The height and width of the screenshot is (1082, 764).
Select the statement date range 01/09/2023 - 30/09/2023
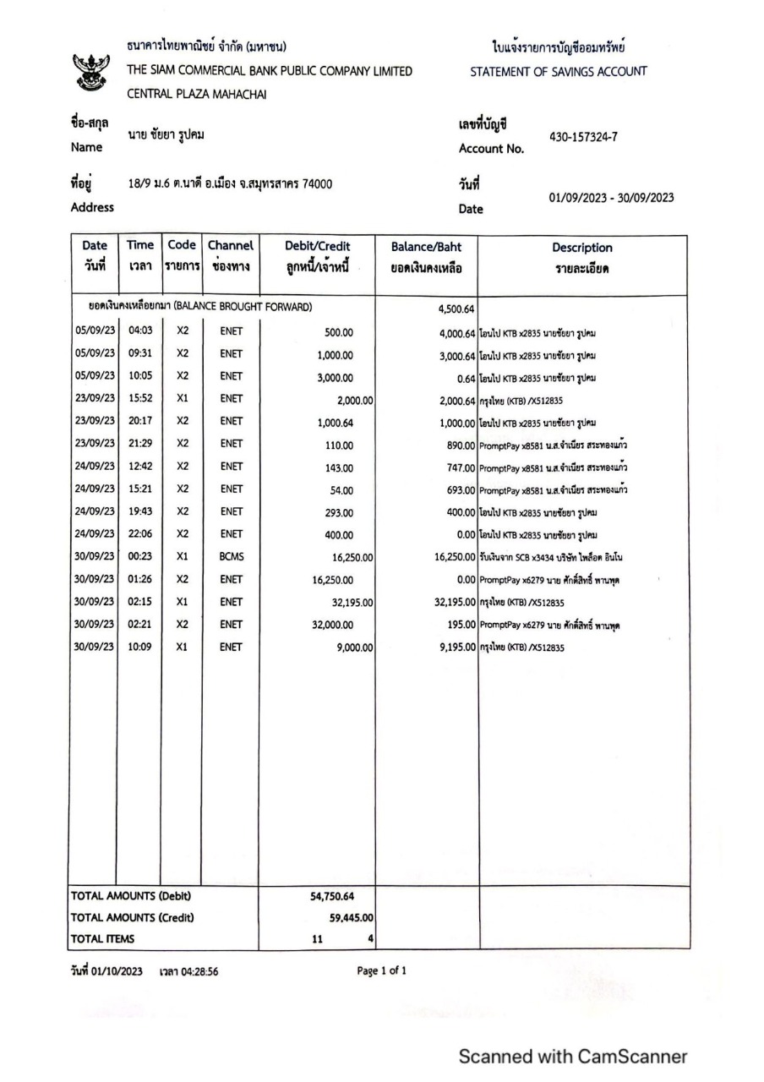tap(611, 197)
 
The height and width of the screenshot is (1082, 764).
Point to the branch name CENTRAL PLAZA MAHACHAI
tap(196, 95)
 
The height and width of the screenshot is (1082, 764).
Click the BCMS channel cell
tap(232, 557)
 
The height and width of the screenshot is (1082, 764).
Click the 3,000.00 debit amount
tap(336, 378)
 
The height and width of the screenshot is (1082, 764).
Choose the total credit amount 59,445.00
tap(352, 917)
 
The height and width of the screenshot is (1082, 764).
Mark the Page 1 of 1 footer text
tap(382, 970)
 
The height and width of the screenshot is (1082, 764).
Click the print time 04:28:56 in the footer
tap(188, 971)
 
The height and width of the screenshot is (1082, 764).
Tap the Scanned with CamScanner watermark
tap(573, 1056)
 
